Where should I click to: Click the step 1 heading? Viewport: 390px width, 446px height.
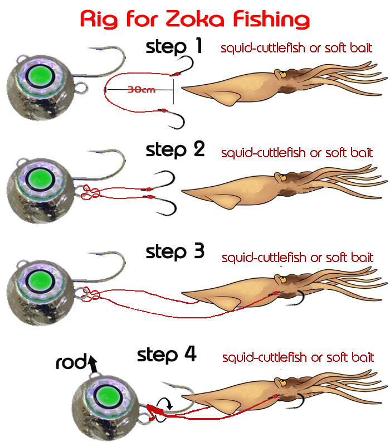pos(174,47)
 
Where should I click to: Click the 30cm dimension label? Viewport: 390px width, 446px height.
pos(141,89)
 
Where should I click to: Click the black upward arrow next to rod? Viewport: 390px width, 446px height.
pos(92,365)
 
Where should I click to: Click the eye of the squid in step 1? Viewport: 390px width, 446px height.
pos(282,74)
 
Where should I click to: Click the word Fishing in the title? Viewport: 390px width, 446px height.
pos(272,20)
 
